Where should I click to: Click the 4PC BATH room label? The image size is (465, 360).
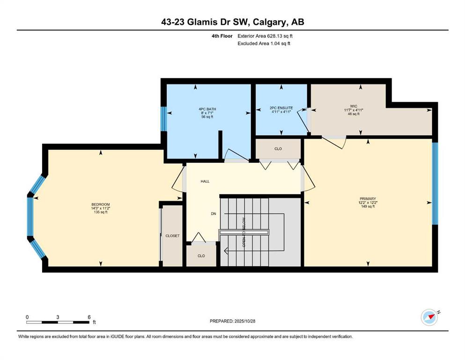click(x=207, y=109)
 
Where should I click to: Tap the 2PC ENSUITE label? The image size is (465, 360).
click(x=281, y=108)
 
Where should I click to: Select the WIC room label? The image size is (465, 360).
click(x=354, y=106)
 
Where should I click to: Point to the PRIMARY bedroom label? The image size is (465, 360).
click(x=368, y=199)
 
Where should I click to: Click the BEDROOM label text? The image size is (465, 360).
click(x=101, y=204)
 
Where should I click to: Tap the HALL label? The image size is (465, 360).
click(x=205, y=181)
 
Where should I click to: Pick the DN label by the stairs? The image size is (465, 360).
click(x=214, y=214)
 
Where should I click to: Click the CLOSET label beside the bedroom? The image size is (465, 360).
click(x=173, y=236)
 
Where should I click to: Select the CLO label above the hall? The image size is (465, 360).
click(x=278, y=149)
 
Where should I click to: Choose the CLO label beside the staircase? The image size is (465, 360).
click(x=201, y=256)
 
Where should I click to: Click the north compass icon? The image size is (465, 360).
click(x=430, y=317)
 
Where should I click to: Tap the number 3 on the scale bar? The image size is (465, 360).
click(x=58, y=317)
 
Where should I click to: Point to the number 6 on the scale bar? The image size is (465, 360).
click(x=89, y=317)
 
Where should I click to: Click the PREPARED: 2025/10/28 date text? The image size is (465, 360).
click(x=232, y=321)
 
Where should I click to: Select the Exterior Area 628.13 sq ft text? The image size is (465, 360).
click(x=265, y=36)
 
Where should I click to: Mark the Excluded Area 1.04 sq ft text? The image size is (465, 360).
click(x=264, y=43)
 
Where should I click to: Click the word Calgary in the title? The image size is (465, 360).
click(x=270, y=22)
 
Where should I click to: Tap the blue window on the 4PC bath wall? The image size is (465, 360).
click(x=163, y=119)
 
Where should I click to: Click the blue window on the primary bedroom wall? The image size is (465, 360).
click(x=435, y=184)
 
